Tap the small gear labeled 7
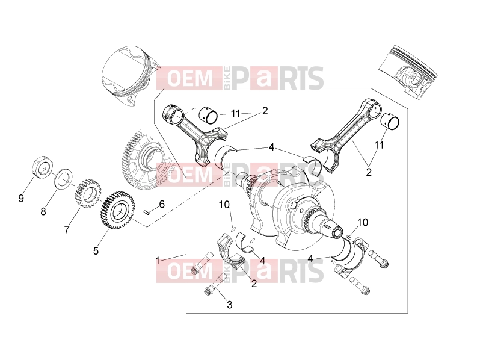(x=88, y=194)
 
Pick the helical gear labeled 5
(x=118, y=210)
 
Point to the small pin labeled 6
(x=147, y=213)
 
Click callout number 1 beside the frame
(x=158, y=261)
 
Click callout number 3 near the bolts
(x=230, y=305)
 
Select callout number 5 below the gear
(x=96, y=251)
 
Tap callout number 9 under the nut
(x=21, y=199)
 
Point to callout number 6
(x=162, y=204)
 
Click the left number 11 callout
(x=235, y=114)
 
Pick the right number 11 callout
(x=379, y=145)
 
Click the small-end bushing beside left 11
(x=208, y=116)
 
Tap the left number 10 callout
(x=224, y=205)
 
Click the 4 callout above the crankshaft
(x=271, y=147)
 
